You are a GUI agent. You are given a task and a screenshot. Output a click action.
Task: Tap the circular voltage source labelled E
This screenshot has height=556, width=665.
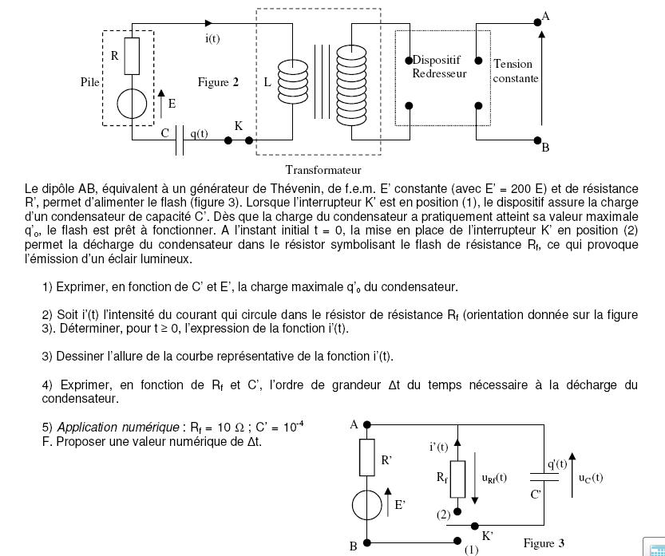[x=132, y=104]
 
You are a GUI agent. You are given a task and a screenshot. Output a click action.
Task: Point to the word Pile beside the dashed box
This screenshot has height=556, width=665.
[x=90, y=81]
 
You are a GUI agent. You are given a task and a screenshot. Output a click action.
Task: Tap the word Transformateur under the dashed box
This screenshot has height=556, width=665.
[x=323, y=169]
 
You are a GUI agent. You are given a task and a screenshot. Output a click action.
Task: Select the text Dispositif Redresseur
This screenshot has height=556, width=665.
[x=439, y=67]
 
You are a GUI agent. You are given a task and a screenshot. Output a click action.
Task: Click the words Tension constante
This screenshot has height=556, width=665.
[x=516, y=71]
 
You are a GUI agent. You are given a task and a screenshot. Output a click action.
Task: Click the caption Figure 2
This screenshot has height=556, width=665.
[x=218, y=82]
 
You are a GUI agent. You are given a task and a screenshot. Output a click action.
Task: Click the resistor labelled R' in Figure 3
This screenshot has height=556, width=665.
[x=366, y=458]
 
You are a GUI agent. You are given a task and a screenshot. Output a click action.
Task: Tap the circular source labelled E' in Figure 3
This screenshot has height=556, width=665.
[x=366, y=504]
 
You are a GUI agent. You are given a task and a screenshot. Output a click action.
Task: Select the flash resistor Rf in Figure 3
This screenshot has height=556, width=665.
[x=458, y=477]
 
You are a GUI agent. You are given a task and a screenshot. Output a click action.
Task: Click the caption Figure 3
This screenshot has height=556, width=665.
[x=544, y=543]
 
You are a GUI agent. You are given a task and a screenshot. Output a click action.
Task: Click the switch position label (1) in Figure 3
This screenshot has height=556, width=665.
[x=471, y=550]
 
